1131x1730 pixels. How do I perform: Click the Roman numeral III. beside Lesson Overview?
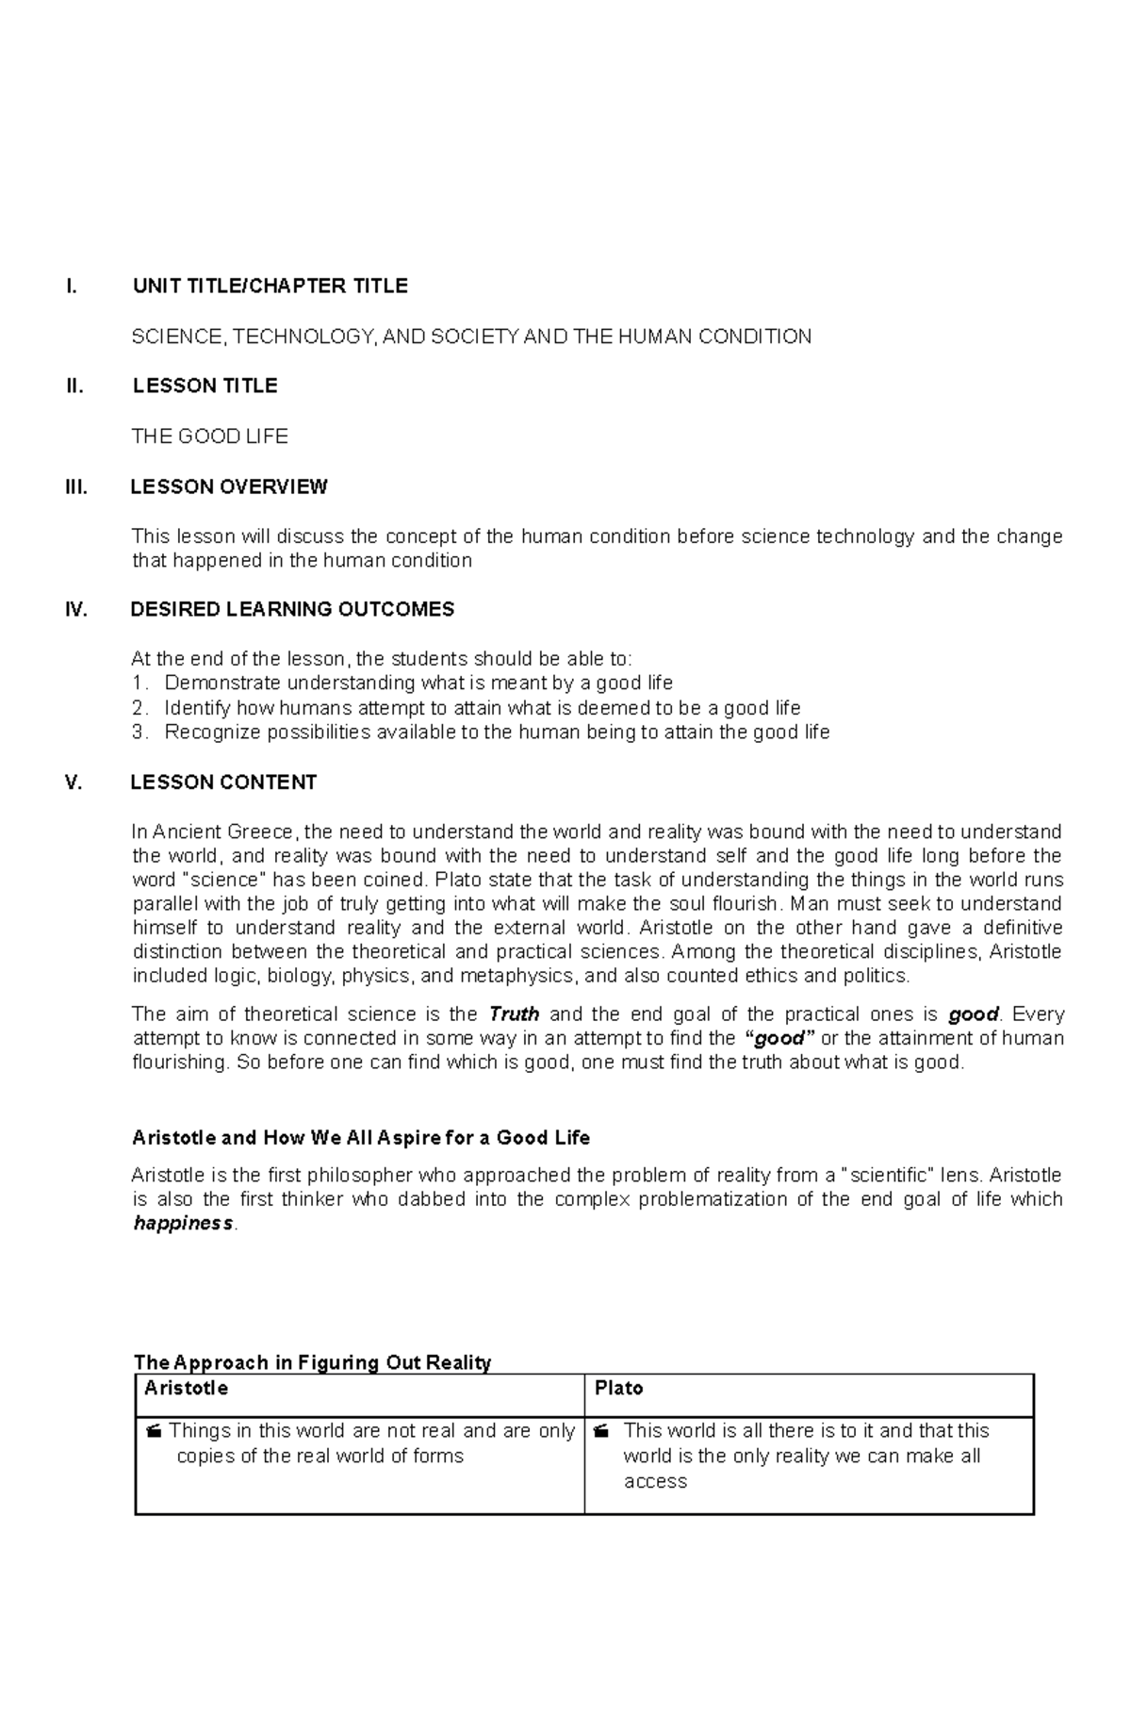[x=76, y=486]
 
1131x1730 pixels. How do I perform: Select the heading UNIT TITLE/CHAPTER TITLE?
[x=270, y=286]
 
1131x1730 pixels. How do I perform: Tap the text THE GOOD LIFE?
[x=209, y=436]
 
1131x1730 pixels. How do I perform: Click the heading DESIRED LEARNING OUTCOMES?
[x=292, y=609]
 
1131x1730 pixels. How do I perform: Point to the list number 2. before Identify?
[x=139, y=708]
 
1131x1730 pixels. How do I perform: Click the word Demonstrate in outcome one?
[x=223, y=683]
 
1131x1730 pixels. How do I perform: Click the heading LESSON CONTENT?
[x=223, y=783]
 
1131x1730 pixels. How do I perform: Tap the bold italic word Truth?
[x=514, y=1014]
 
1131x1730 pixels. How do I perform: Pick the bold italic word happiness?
[x=183, y=1224]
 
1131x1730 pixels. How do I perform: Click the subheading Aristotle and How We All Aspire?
[x=361, y=1138]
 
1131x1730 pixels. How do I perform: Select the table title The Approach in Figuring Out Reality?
[x=313, y=1362]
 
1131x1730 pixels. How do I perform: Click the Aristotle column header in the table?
[x=186, y=1389]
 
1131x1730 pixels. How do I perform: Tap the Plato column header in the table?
[x=618, y=1389]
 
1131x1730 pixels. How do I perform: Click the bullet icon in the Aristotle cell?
[x=154, y=1432]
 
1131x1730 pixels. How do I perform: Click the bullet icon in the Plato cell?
[x=601, y=1432]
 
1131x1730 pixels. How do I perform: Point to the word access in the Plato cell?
[x=655, y=1481]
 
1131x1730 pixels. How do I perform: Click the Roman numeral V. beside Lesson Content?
[x=74, y=783]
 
